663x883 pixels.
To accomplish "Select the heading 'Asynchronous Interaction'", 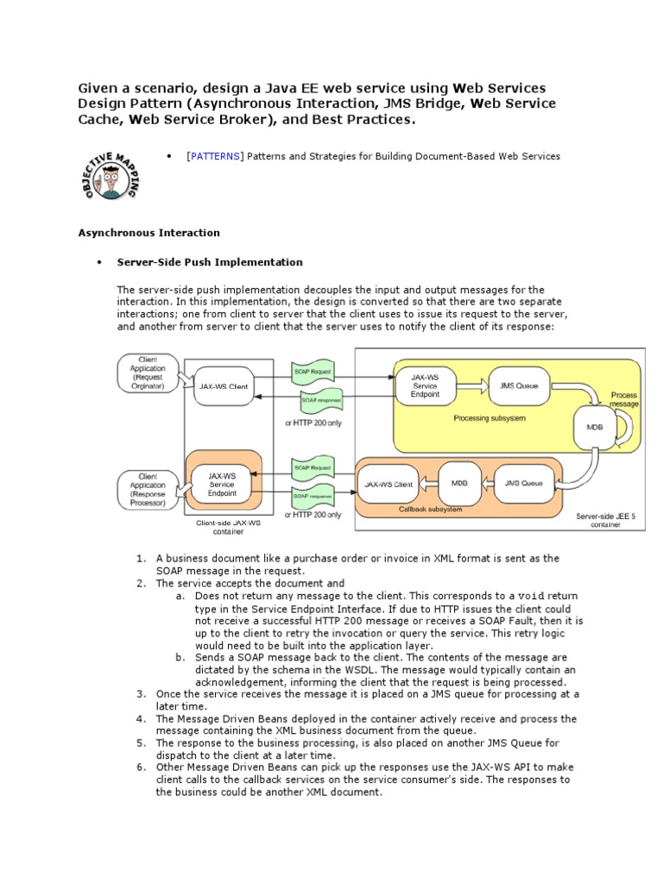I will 148,233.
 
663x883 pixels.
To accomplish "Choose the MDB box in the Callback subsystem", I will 459,484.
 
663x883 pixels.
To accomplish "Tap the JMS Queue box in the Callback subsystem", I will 524,484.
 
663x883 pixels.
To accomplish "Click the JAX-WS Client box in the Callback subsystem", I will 388,484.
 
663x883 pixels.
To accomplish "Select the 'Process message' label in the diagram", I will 624,399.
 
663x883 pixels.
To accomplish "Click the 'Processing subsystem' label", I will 489,418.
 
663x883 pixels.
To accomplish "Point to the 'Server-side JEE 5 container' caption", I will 605,521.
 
